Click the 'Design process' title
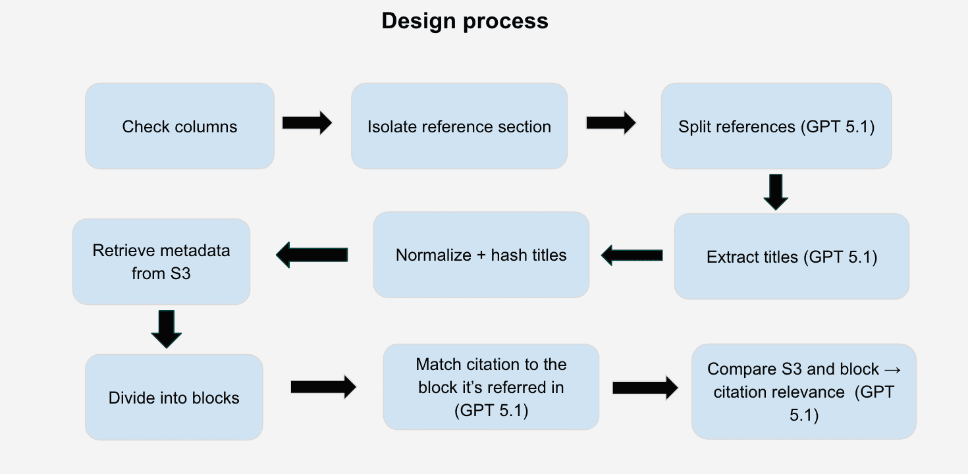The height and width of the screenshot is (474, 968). click(464, 21)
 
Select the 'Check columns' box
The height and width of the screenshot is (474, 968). click(180, 126)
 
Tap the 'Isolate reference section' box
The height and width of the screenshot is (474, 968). click(459, 126)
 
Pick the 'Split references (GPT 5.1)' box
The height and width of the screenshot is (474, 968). click(776, 126)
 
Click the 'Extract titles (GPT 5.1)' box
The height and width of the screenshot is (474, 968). click(792, 257)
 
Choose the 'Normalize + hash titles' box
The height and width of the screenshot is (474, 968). click(481, 255)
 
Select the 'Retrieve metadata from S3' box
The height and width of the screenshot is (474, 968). click(161, 262)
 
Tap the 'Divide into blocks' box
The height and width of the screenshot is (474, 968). click(174, 398)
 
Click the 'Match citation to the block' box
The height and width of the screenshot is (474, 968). click(491, 387)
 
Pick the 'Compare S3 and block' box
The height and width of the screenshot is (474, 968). click(803, 392)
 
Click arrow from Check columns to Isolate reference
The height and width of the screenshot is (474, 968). click(307, 123)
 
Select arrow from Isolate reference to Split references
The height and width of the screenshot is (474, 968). click(610, 122)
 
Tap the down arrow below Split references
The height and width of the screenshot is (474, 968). click(775, 192)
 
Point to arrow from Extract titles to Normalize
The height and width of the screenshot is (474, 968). click(632, 255)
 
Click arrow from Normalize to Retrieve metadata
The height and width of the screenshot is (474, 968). click(311, 254)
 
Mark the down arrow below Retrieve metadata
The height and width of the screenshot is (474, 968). click(166, 329)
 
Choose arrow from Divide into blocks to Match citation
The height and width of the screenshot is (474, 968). click(323, 388)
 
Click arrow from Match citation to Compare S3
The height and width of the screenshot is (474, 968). click(645, 388)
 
